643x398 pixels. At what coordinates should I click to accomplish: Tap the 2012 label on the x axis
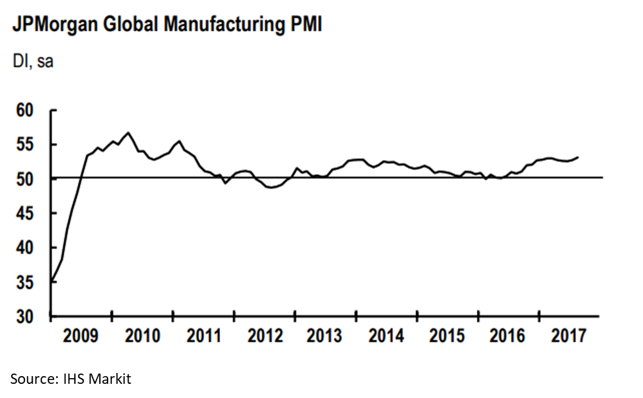(x=265, y=336)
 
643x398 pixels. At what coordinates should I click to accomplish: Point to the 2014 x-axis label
(x=387, y=336)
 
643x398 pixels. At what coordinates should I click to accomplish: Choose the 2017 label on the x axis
(x=569, y=336)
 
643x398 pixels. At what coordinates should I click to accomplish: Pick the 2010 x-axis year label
(x=143, y=336)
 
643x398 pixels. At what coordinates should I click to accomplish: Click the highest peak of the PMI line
(x=128, y=133)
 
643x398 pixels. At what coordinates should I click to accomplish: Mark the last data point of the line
(x=577, y=157)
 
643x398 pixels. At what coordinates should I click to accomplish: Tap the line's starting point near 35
(x=52, y=281)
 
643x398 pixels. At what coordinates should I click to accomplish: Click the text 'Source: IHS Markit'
(x=70, y=379)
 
